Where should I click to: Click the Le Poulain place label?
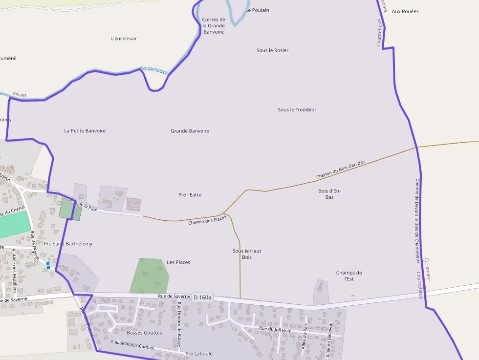(x=257, y=10)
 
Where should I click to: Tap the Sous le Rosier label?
(x=272, y=50)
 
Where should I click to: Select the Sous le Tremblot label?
(x=297, y=110)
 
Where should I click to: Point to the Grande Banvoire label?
(x=190, y=131)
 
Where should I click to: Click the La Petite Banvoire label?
(x=85, y=131)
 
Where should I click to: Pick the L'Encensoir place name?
(x=124, y=39)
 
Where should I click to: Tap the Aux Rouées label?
(x=405, y=11)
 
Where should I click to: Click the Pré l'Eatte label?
(x=190, y=195)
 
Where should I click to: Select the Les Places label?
(x=178, y=262)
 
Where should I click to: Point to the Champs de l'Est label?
(x=349, y=275)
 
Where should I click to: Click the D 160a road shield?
(x=202, y=297)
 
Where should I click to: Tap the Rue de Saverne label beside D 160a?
(x=174, y=296)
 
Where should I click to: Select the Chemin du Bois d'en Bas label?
(x=340, y=169)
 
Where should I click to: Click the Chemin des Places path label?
(x=207, y=220)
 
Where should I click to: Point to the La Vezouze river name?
(x=154, y=70)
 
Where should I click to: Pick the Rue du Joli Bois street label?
(x=275, y=330)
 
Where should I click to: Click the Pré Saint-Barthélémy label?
(x=68, y=243)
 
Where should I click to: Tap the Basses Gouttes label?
(x=144, y=333)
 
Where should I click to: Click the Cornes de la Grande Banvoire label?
(x=214, y=26)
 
